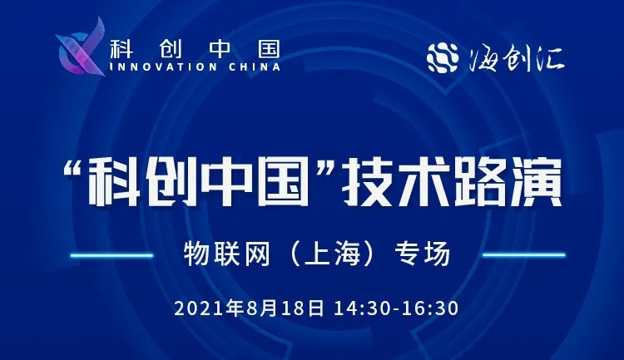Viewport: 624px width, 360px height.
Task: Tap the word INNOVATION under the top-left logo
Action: [x=163, y=67]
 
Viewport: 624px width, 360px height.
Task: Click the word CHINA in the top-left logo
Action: [x=255, y=67]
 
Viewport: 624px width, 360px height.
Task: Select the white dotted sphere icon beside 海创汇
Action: [x=443, y=58]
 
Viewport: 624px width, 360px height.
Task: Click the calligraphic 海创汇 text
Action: [x=516, y=59]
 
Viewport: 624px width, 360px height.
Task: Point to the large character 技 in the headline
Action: [x=367, y=182]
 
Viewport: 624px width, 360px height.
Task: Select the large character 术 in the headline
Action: [x=422, y=182]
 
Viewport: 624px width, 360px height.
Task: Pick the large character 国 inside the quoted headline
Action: [x=282, y=182]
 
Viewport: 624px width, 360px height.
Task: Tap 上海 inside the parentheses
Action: [x=332, y=254]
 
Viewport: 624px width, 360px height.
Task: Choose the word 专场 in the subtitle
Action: [x=422, y=254]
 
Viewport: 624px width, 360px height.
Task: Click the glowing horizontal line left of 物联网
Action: [x=111, y=255]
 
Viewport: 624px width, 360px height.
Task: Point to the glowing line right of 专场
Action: [x=523, y=254]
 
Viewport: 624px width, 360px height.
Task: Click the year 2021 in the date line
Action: [x=200, y=309]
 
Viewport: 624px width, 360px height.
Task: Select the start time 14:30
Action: [x=362, y=309]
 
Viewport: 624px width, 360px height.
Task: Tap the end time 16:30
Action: [x=430, y=309]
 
